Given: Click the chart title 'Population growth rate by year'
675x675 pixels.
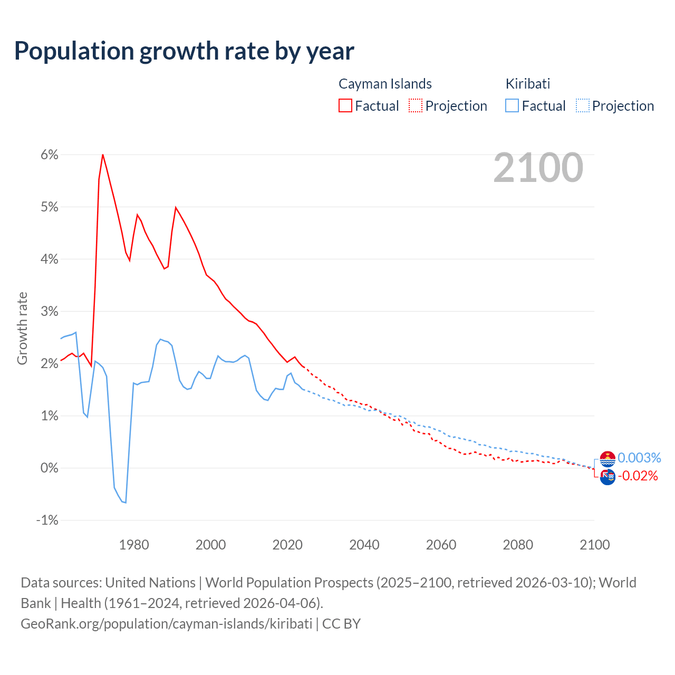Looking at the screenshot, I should [184, 51].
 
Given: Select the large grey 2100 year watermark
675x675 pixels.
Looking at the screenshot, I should [538, 168].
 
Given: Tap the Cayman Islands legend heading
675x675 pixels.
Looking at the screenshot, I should [385, 84].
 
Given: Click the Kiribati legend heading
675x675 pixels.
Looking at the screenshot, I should [527, 84].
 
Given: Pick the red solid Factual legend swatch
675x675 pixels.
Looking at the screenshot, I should [345, 105].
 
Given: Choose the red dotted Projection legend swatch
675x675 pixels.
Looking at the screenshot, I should [416, 105].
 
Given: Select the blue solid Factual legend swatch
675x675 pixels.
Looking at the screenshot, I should [512, 105].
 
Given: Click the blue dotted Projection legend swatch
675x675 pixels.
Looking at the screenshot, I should [582, 105].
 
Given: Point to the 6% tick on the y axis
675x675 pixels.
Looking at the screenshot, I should [50, 155].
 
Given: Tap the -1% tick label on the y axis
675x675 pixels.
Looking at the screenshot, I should [47, 520].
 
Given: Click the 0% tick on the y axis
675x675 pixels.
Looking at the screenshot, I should [50, 468].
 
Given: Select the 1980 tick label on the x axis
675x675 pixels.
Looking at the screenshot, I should [134, 545].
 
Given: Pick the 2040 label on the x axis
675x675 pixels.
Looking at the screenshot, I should [364, 545].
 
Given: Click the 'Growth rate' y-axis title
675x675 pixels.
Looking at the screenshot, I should [22, 328].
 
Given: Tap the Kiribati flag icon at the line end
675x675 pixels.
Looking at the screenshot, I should [607, 459].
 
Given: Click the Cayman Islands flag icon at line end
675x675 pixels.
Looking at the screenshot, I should [607, 477].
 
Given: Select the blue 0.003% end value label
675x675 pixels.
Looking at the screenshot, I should [639, 458].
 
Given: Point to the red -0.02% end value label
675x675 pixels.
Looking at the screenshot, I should [638, 476].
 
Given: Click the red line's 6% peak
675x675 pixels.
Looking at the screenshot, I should [103, 155].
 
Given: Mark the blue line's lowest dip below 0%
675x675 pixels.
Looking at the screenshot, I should [126, 503].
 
